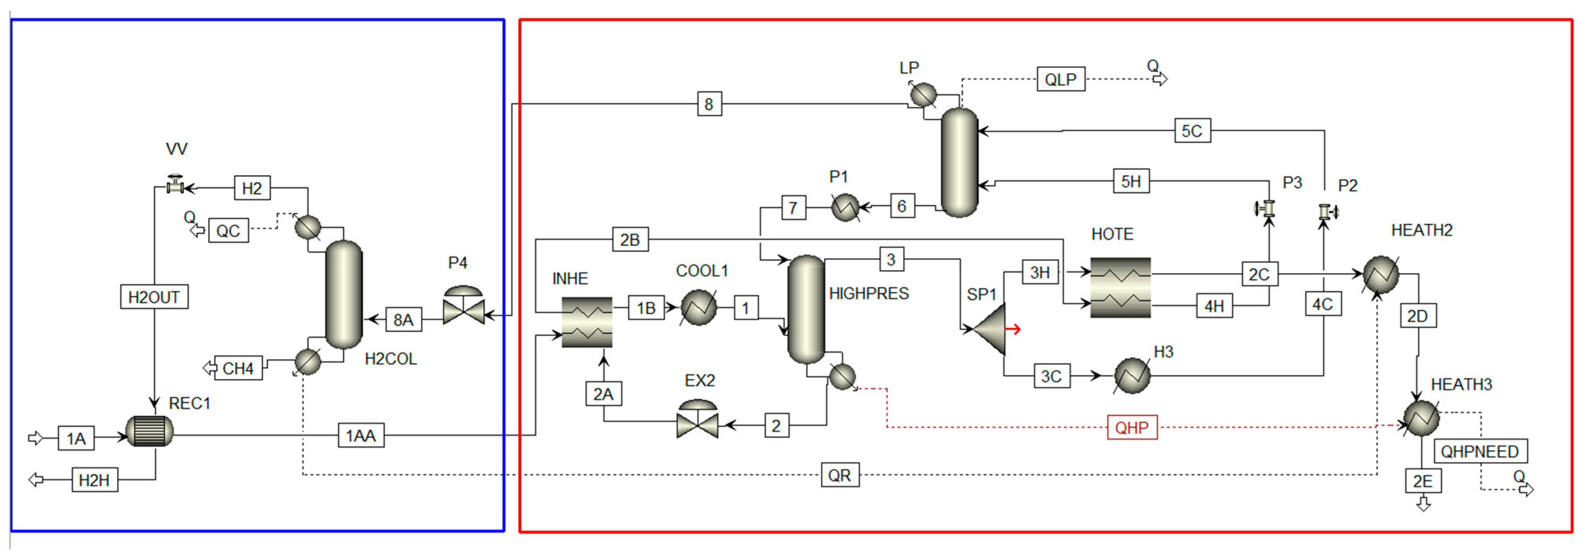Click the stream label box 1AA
coord(361,435)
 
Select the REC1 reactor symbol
coord(149,431)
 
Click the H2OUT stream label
coord(154,297)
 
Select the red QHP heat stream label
coord(1131,427)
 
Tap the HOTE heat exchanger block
coord(1120,287)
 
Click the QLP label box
coord(1060,79)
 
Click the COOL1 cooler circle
coord(698,307)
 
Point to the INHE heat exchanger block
coord(587,322)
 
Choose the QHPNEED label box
coord(1479,451)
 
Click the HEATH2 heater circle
coord(1380,274)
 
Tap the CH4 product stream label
coord(238,368)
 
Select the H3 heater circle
coord(1132,375)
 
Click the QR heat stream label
coord(840,475)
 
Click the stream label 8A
coord(404,319)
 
